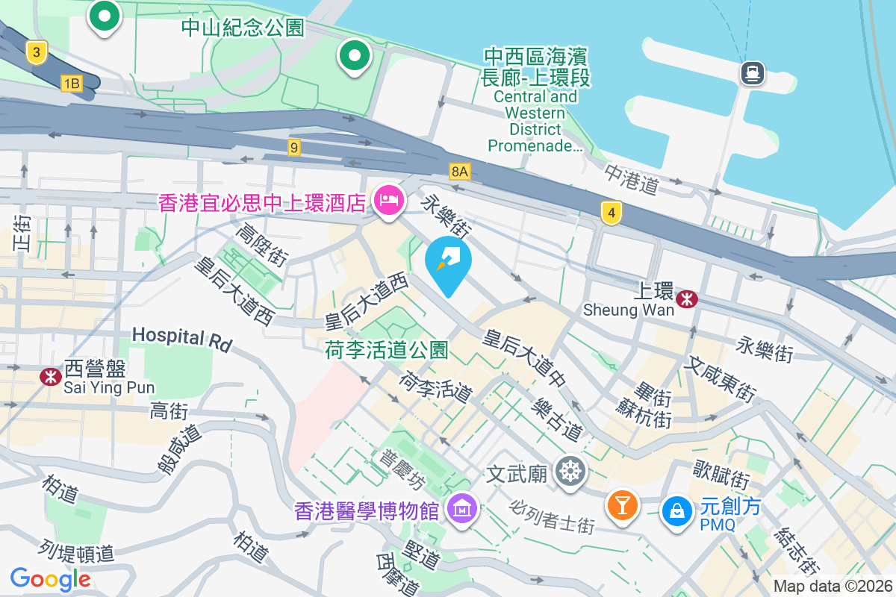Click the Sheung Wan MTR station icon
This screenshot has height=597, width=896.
click(x=686, y=299)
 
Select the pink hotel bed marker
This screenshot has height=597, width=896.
click(x=389, y=200)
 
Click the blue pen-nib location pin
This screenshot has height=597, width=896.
click(x=448, y=263)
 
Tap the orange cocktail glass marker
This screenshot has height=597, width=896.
click(x=622, y=505)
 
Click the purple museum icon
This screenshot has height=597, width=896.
click(x=461, y=510)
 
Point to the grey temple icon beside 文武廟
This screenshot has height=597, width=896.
click(x=572, y=472)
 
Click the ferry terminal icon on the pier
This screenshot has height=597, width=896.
click(x=752, y=72)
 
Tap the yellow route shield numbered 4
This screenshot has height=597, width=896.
click(x=612, y=213)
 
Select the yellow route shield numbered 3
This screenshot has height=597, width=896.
click(x=36, y=51)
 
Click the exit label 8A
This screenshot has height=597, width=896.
click(x=460, y=172)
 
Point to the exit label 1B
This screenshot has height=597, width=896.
click(x=71, y=84)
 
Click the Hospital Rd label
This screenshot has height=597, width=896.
click(x=182, y=338)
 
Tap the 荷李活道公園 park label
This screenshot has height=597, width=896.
click(x=386, y=349)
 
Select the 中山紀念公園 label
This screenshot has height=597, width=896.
click(x=243, y=28)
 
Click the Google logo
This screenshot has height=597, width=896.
click(x=51, y=578)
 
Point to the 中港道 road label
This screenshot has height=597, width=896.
click(x=632, y=179)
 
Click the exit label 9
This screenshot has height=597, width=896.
click(x=294, y=148)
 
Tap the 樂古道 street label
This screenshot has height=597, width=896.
click(x=558, y=419)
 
